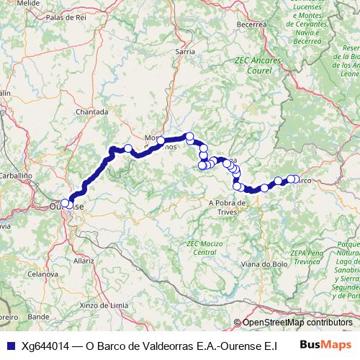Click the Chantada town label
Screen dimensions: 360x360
pyautogui.click(x=91, y=112)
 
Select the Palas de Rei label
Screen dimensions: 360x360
pyautogui.click(x=66, y=17)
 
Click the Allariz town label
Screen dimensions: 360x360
pyautogui.click(x=84, y=259)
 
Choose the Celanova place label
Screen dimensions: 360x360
pyautogui.click(x=42, y=275)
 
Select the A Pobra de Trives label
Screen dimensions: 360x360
pyautogui.click(x=228, y=203)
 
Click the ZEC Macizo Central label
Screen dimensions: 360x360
pyautogui.click(x=204, y=248)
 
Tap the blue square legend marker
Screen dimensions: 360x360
pyautogui.click(x=9, y=345)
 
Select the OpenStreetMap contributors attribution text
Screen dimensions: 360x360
pyautogui.click(x=297, y=323)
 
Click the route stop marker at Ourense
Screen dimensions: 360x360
pyautogui.click(x=66, y=204)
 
